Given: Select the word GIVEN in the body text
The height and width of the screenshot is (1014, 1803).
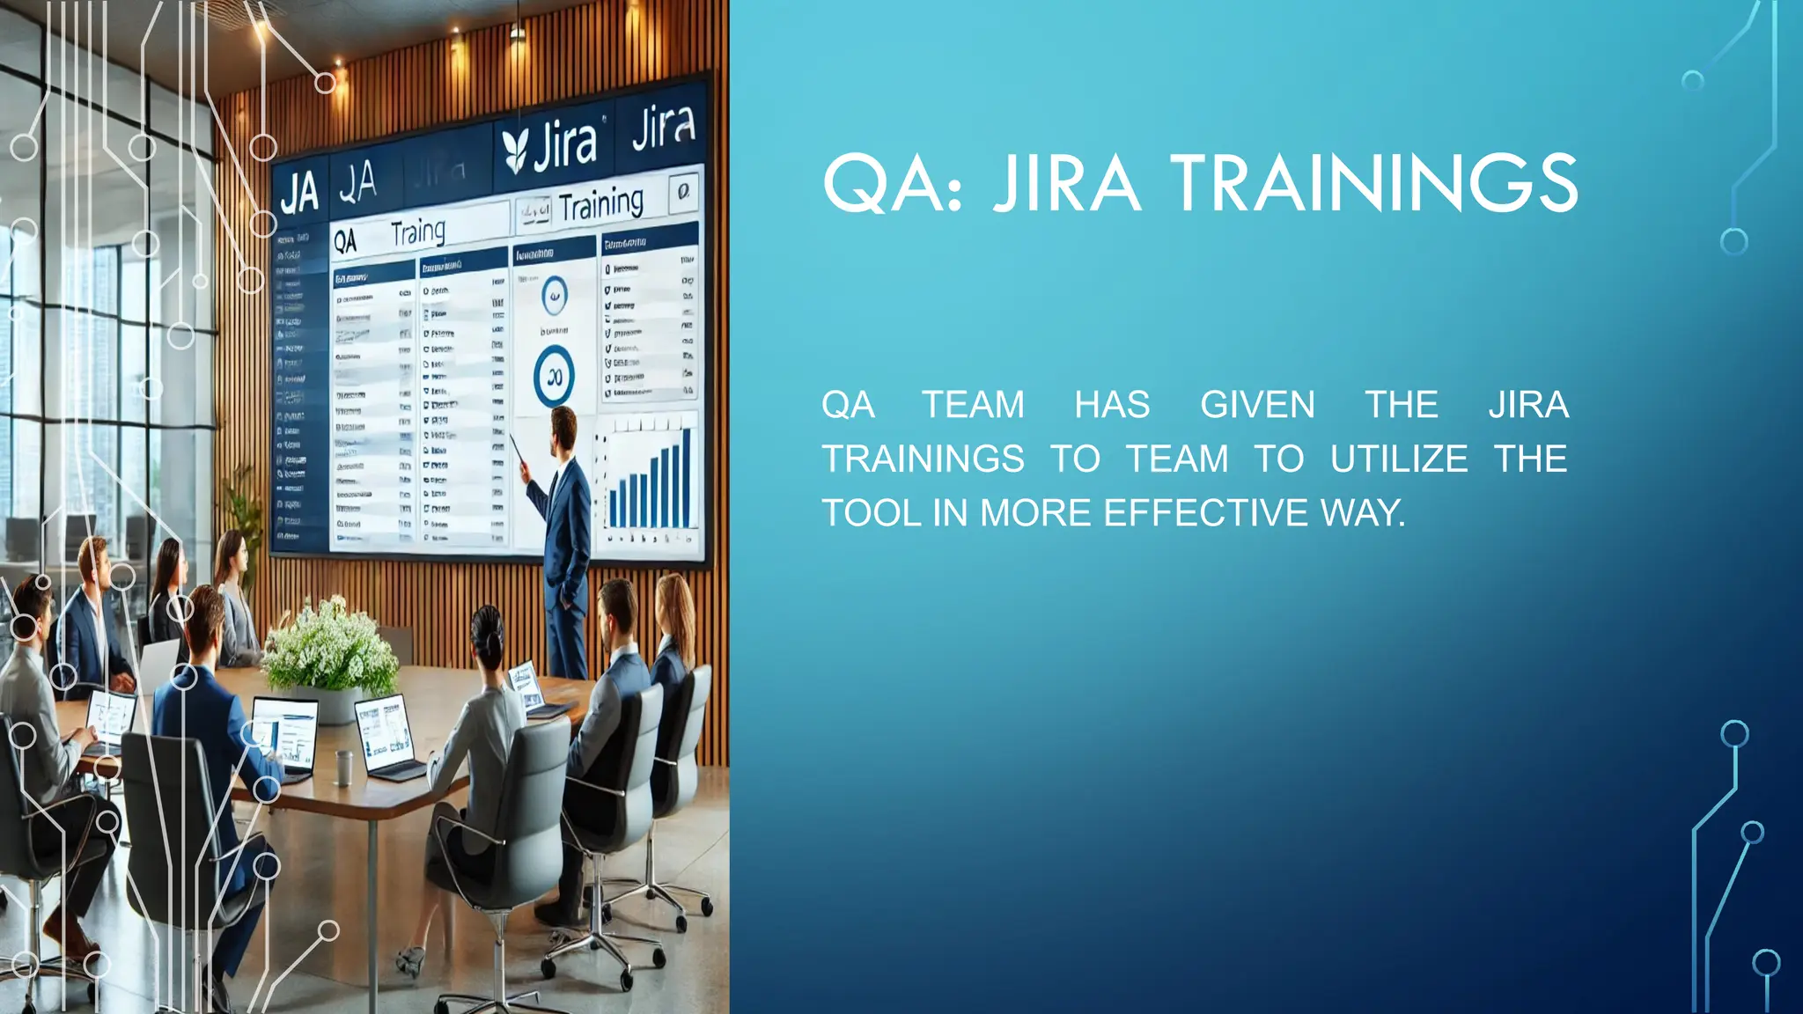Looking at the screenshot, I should pyautogui.click(x=1257, y=405).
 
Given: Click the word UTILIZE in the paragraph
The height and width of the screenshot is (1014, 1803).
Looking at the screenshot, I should pyautogui.click(x=1399, y=459).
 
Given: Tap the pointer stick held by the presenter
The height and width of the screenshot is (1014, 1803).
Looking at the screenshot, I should pyautogui.click(x=518, y=450).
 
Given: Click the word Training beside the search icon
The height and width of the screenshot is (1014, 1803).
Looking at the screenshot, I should pyautogui.click(x=601, y=205).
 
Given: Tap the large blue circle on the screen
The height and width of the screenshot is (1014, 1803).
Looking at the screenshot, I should pyautogui.click(x=554, y=376).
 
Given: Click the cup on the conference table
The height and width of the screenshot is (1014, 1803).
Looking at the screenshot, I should pyautogui.click(x=344, y=767).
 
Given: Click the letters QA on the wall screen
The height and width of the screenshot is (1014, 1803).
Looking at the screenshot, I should pyautogui.click(x=345, y=241).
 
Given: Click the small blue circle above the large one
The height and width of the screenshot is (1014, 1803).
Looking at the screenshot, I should pyautogui.click(x=554, y=296).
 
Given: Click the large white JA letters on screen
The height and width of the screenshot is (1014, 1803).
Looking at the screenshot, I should pyautogui.click(x=298, y=193).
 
